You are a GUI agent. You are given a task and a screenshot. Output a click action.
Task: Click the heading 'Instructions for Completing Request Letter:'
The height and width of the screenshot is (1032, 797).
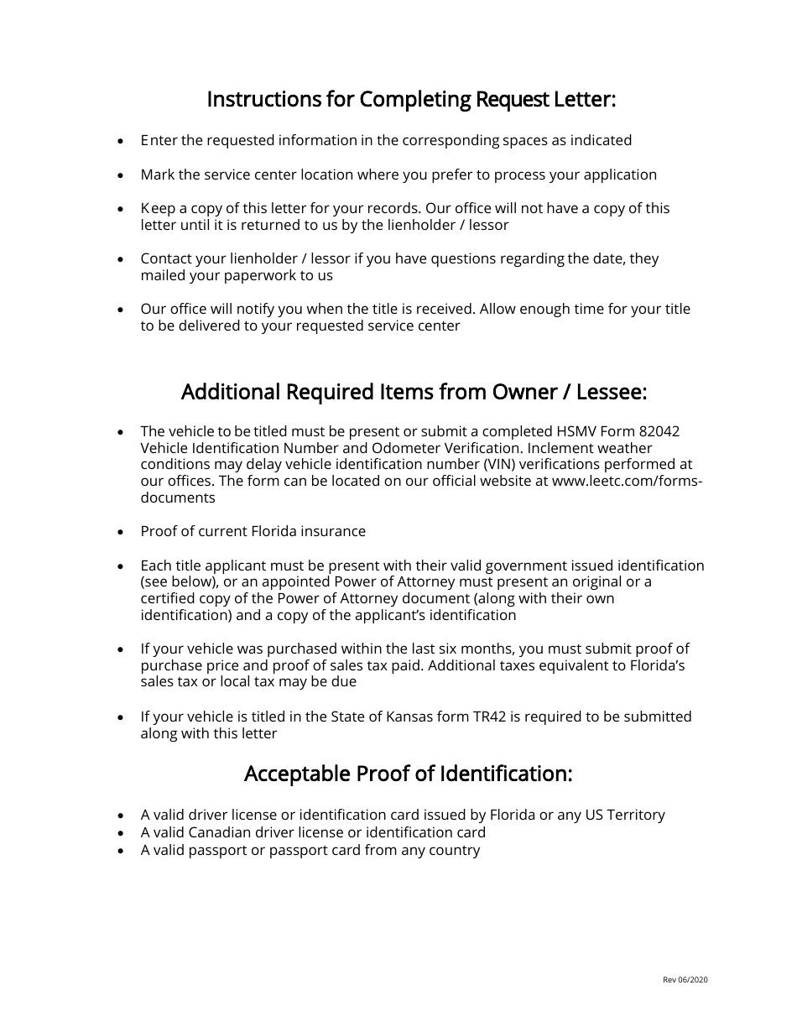[411, 100]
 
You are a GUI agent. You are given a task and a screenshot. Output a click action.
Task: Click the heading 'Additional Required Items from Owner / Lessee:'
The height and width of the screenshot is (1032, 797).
[414, 393]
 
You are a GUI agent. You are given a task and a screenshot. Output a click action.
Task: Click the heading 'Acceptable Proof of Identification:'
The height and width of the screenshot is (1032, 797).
[408, 774]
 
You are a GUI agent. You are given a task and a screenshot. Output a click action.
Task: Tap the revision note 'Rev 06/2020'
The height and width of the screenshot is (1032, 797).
[685, 979]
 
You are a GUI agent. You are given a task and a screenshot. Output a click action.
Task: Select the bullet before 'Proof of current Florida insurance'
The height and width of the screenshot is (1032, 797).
[122, 532]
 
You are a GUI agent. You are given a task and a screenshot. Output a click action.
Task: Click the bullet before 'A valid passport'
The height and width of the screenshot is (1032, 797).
[122, 851]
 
